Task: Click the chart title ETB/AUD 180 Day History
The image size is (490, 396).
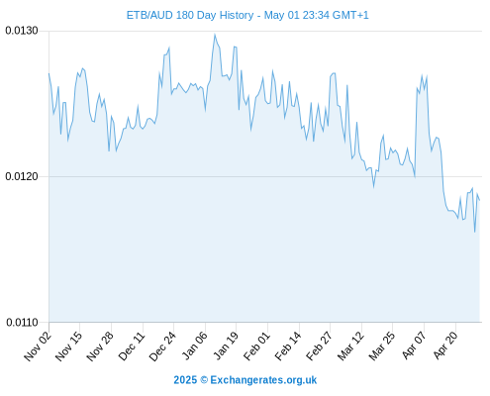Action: pos(190,15)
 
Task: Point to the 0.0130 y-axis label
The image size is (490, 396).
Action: pos(22,31)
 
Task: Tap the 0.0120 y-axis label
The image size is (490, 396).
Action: pos(22,176)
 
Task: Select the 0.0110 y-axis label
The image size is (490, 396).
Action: pos(22,322)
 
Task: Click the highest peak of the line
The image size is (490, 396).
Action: pos(215,34)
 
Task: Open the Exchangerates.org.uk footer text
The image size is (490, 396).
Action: pos(263,380)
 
